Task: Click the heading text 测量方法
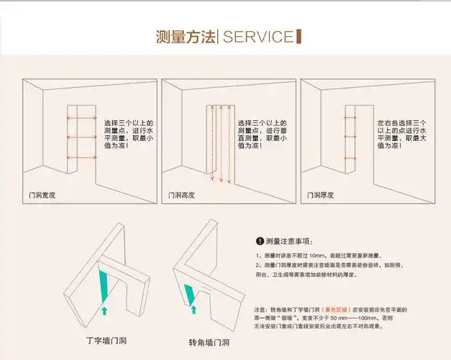coord(186,37)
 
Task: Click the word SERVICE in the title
coord(258,37)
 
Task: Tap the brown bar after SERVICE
coord(299,37)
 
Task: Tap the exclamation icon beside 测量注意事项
coord(260,240)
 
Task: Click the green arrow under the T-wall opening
coord(105,311)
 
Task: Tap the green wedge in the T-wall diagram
coord(105,284)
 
